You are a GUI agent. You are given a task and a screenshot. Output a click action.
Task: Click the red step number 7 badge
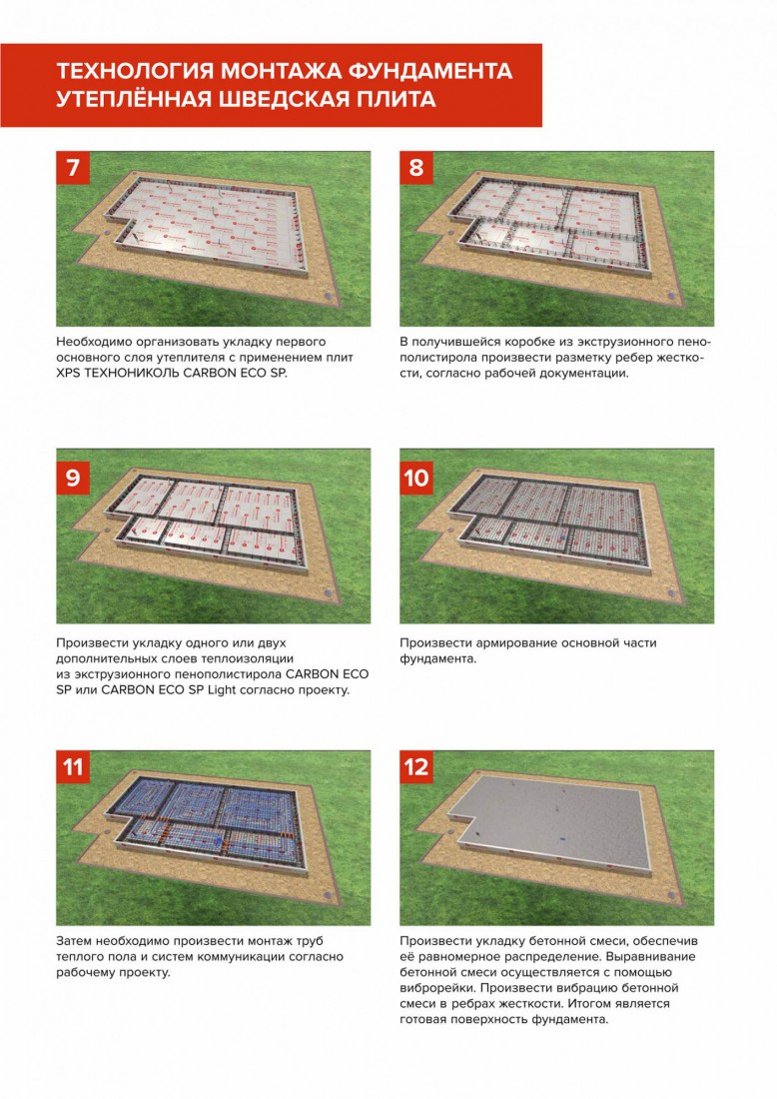click(x=73, y=168)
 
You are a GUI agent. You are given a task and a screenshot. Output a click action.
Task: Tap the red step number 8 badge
click(x=416, y=168)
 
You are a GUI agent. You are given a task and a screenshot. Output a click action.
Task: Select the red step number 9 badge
click(x=73, y=478)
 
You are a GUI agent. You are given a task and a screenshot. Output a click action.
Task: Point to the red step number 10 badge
click(x=416, y=478)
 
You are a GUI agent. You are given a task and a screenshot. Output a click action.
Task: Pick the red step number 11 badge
click(x=73, y=766)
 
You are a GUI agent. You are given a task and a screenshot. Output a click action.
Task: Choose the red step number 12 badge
click(x=416, y=766)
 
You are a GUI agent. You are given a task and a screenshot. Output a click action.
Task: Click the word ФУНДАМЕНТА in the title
click(x=430, y=71)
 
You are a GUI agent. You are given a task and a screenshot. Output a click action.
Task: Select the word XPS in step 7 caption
click(x=67, y=373)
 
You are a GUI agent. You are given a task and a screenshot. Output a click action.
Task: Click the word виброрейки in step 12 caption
click(x=433, y=987)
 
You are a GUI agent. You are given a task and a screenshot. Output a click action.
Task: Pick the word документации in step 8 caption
click(x=585, y=373)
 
